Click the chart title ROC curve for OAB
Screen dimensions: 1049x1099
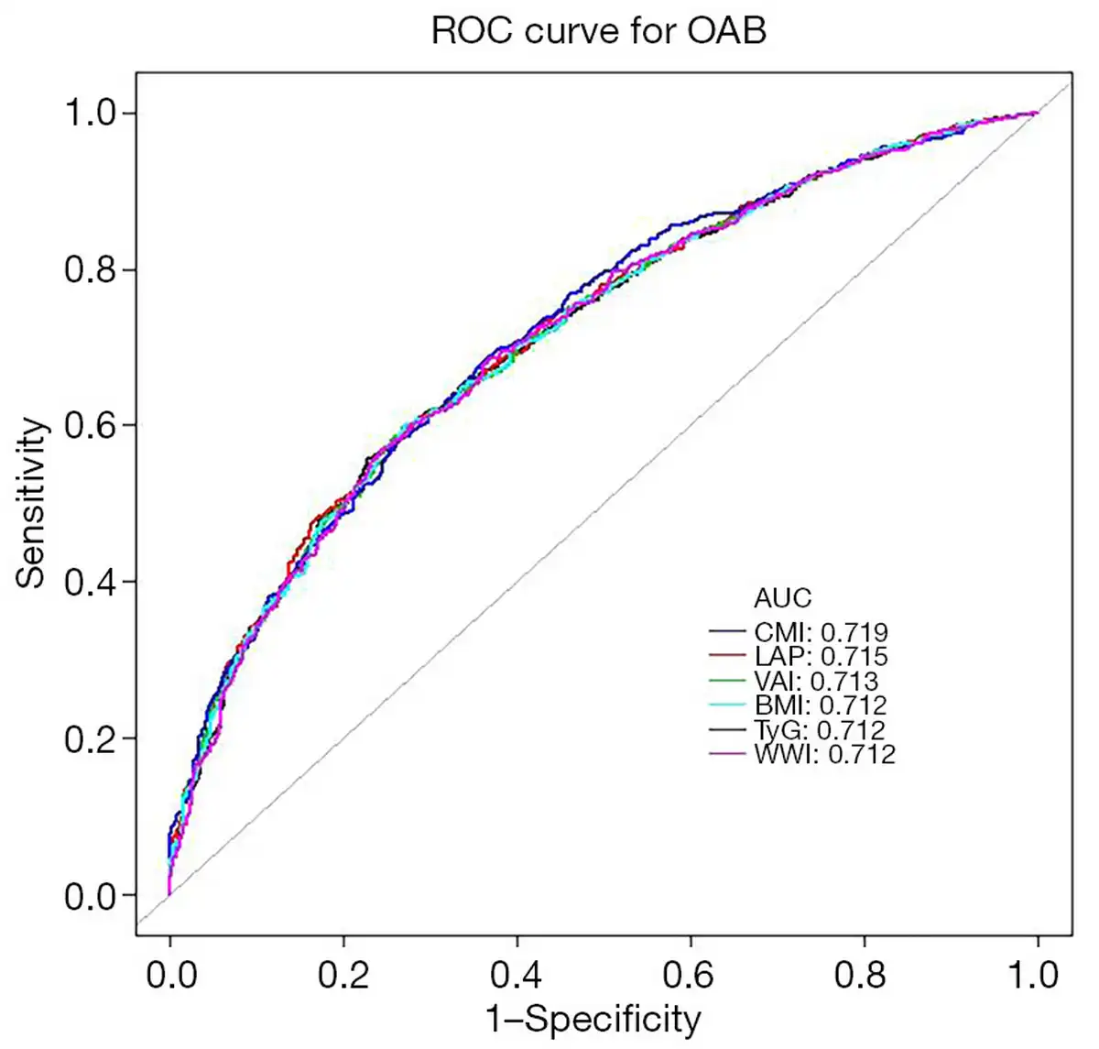[x=598, y=31]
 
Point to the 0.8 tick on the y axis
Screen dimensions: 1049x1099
[x=91, y=270]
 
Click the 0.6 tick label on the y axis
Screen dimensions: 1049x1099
[x=91, y=426]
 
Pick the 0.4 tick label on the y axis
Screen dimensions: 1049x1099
[x=91, y=583]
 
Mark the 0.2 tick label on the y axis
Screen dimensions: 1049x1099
[x=91, y=739]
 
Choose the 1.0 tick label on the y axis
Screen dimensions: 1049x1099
[x=91, y=114]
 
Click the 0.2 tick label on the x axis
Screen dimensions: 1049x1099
[x=343, y=974]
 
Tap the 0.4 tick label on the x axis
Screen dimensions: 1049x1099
[x=517, y=974]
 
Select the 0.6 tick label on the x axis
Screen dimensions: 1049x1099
[x=690, y=974]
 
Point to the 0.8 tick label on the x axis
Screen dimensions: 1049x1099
[x=863, y=974]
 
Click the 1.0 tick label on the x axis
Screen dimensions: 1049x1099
[x=1036, y=974]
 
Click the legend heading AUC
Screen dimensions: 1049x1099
[x=782, y=598]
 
